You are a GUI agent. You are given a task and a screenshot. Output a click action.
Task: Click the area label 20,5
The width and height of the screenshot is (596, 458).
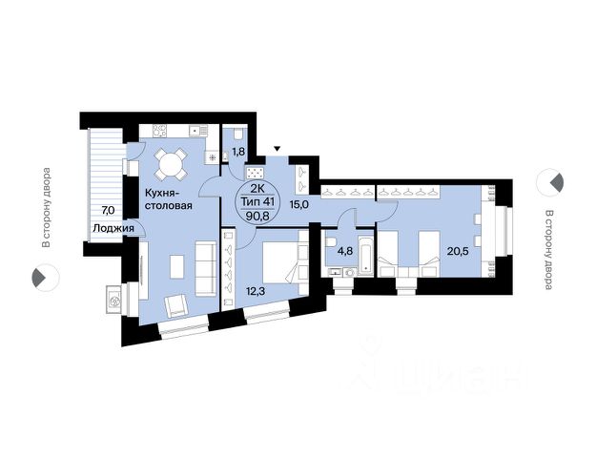tap(458, 252)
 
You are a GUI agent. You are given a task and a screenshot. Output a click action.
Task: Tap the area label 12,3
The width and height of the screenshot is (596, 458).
tap(255, 291)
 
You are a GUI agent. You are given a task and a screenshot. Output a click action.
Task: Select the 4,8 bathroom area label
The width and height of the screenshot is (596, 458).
tap(345, 252)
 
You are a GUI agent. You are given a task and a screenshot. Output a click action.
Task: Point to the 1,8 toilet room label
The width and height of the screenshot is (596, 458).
tap(238, 152)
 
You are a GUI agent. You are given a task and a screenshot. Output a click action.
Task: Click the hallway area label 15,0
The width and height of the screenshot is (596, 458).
tap(298, 205)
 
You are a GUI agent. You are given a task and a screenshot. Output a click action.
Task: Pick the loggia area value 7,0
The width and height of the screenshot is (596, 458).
tap(108, 209)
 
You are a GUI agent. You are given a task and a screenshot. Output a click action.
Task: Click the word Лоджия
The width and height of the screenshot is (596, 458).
tap(113, 228)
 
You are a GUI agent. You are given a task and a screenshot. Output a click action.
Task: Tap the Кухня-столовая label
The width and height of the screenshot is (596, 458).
tap(168, 199)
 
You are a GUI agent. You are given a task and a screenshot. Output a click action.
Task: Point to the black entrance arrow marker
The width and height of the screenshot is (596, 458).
tap(277, 148)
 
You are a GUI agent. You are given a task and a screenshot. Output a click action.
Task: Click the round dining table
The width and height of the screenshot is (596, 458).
tap(171, 165)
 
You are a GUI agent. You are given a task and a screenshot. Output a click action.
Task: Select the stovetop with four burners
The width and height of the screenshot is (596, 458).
tap(160, 132)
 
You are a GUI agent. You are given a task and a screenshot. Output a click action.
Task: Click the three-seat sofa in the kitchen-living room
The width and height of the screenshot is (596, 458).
tap(206, 269)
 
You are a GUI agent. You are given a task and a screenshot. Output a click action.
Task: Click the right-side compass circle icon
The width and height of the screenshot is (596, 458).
tap(550, 182)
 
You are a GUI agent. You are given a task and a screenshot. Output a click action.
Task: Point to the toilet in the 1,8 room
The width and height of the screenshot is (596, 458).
tap(238, 134)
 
